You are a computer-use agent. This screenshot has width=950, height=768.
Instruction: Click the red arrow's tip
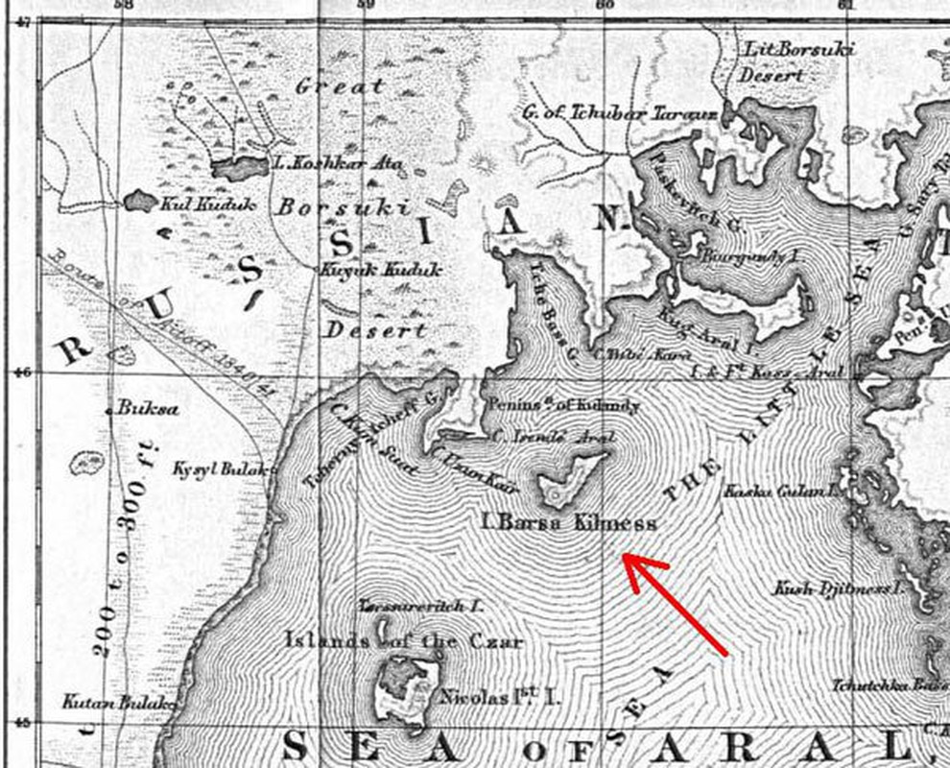pyautogui.click(x=627, y=557)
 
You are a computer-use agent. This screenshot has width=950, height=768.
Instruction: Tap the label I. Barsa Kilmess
pyautogui.click(x=569, y=523)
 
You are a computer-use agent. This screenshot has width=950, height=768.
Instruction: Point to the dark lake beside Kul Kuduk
pyautogui.click(x=140, y=201)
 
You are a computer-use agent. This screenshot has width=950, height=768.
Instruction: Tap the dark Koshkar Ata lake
pyautogui.click(x=240, y=168)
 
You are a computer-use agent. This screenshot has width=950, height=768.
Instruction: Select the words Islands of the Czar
pyautogui.click(x=404, y=640)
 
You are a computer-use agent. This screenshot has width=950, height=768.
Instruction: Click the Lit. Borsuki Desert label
pyautogui.click(x=798, y=60)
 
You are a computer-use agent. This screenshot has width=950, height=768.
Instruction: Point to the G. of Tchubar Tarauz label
pyautogui.click(x=620, y=113)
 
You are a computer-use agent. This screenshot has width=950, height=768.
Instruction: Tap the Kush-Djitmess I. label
pyautogui.click(x=841, y=588)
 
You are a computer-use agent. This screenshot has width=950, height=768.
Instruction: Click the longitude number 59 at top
pyautogui.click(x=364, y=6)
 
